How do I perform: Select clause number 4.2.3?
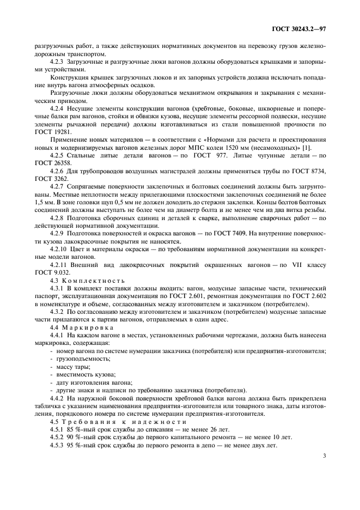[x=58, y=63]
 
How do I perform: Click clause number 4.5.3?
[x=57, y=445]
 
